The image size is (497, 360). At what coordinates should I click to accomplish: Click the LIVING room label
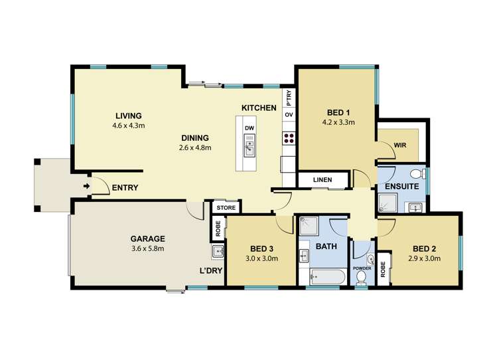coord(128,116)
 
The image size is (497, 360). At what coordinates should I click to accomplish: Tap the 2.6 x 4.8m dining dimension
coord(195,147)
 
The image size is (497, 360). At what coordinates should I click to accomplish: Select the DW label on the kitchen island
coord(249,128)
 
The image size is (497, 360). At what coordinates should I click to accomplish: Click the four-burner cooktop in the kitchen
coord(289,139)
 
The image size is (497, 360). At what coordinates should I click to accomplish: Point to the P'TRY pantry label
coord(289,98)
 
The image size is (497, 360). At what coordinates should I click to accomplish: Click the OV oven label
coord(289,114)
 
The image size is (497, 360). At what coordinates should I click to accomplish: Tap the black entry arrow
coord(86,186)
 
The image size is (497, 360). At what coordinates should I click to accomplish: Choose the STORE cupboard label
coord(226,208)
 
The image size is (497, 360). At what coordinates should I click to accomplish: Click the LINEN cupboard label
coord(322,180)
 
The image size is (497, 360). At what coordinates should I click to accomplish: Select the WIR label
coord(400,145)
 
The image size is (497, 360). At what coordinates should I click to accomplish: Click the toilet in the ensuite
coord(418,173)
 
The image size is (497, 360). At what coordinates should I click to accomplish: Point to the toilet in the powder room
coord(361,278)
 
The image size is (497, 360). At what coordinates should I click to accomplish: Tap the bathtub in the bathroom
coord(328,277)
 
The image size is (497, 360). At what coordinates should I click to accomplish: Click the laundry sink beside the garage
coord(218,252)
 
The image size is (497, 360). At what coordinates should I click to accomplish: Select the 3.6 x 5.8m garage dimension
coord(148,248)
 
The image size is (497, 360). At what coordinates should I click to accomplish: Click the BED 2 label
coord(424,249)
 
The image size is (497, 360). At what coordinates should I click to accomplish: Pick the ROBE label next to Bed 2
coord(383,269)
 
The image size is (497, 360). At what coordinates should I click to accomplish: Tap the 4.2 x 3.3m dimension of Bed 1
coord(338,122)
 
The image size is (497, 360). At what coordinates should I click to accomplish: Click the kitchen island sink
coord(249,145)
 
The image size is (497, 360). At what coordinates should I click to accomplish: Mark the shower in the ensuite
coord(388,203)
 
